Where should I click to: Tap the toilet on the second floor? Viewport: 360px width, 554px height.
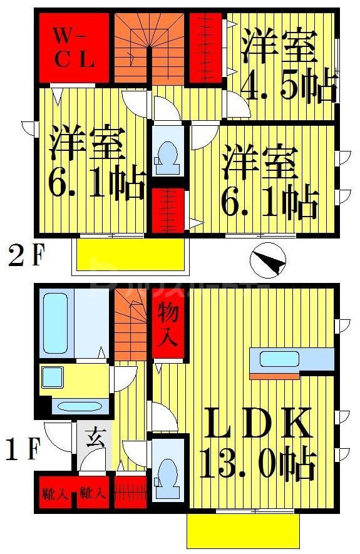pos(168,154)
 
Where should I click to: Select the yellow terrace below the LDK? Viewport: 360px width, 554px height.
pos(241,531)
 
